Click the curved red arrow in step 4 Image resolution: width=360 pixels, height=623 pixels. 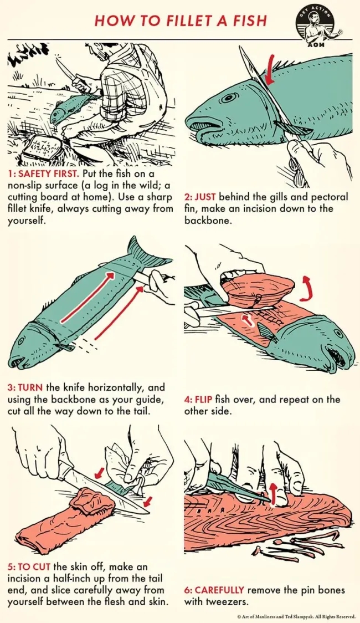(306, 287)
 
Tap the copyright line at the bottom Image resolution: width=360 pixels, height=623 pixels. (296, 616)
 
